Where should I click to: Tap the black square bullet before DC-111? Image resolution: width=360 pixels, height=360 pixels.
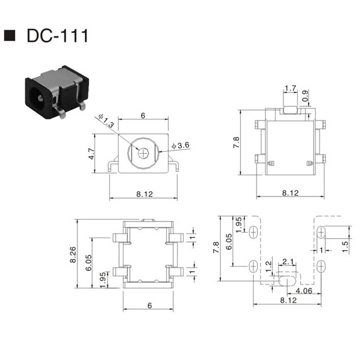(9, 36)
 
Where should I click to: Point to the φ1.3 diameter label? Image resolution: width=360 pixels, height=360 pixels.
(106, 121)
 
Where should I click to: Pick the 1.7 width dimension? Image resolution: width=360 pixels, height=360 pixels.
(290, 88)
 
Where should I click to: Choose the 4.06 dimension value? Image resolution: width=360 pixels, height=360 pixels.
(304, 290)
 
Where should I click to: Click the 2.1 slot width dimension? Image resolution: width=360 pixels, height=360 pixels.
(288, 262)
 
